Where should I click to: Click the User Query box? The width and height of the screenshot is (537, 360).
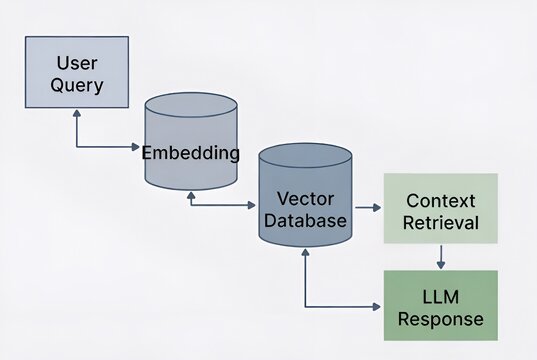coord(77,73)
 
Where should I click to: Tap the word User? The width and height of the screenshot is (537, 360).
coord(77,62)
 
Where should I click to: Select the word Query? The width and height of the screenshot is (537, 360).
coord(77,85)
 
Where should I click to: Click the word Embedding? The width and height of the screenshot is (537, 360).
coord(190,153)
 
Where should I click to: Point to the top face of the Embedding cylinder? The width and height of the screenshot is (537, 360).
coord(190,105)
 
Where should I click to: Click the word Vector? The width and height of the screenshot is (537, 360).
coord(304,197)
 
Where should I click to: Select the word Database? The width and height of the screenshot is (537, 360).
coord(304,219)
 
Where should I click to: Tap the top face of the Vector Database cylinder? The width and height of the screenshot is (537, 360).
coord(304,157)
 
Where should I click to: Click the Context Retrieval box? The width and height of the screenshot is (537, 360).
coord(441,208)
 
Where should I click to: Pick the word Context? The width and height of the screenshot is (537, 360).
coord(441,198)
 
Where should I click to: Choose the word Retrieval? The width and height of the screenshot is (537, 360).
coord(441,221)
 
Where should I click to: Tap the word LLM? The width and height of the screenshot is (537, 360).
coord(441,296)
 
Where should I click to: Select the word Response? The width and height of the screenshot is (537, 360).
coord(441,319)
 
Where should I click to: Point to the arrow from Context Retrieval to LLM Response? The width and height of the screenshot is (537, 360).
coord(441,257)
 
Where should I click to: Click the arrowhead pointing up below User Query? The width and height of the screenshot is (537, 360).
coord(77,116)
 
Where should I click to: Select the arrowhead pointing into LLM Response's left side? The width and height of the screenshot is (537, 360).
coord(379,306)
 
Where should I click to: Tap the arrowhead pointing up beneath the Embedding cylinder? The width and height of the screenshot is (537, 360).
coord(190,195)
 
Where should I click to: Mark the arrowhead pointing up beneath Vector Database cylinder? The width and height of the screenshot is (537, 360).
coord(304,255)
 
